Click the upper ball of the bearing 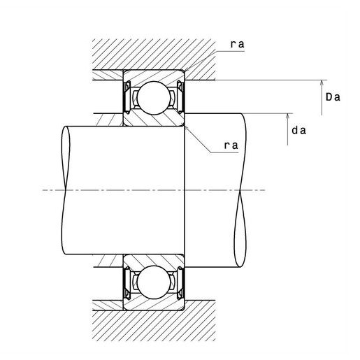click(x=153, y=98)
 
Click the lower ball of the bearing click(x=153, y=282)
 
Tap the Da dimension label click(x=333, y=97)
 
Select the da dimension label click(x=299, y=130)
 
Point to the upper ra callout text click(x=238, y=44)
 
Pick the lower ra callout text click(x=231, y=145)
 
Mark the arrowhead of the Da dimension click(x=322, y=82)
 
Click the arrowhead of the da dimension click(x=287, y=116)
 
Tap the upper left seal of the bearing click(x=127, y=97)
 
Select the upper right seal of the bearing click(x=180, y=97)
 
